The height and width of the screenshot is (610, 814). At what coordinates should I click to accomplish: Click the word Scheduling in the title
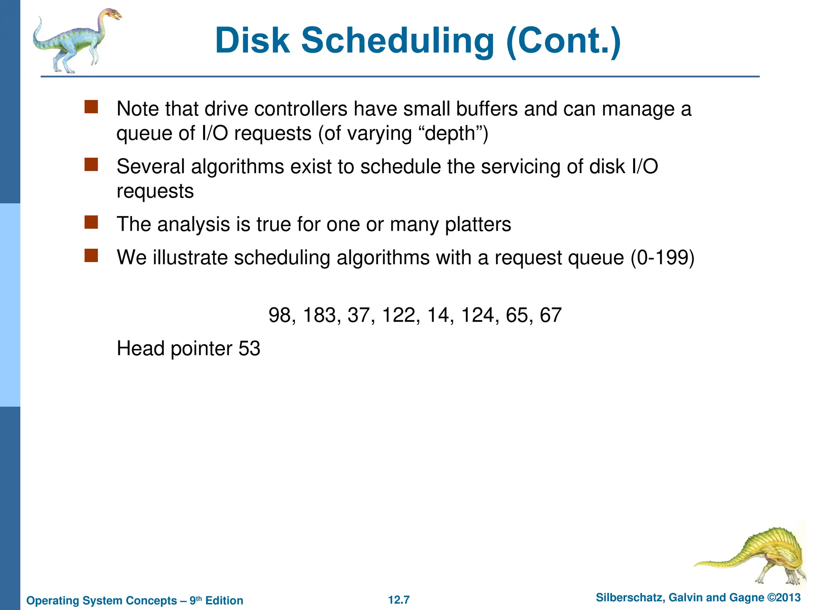coord(397,41)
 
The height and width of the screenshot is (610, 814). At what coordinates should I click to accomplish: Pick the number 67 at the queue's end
coord(550,315)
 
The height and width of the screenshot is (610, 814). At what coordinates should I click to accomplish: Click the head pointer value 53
coord(249,349)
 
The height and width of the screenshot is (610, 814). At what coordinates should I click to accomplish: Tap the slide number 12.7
coord(399,600)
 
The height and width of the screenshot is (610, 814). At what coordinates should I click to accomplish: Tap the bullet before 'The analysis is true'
coord(91,222)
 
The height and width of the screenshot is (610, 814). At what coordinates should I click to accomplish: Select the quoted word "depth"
coord(450,133)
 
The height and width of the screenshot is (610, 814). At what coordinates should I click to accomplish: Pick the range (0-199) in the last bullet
coord(663,258)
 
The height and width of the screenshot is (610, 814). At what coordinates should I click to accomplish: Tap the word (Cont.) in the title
coord(563,41)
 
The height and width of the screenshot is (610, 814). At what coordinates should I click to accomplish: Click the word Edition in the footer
coord(224,600)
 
